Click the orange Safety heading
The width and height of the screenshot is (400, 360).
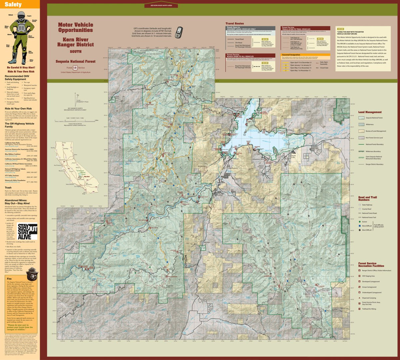click(x=13, y=4)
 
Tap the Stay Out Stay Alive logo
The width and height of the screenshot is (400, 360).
click(x=27, y=231)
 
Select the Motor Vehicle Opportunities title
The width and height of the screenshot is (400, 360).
click(x=76, y=27)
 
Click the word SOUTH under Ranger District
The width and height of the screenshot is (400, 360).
click(x=76, y=52)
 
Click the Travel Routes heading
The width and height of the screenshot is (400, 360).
click(x=235, y=24)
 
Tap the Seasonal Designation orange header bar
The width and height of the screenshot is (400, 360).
click(x=305, y=55)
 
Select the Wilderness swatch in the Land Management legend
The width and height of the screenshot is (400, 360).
click(x=361, y=124)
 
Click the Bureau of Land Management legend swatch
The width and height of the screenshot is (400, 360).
click(x=361, y=131)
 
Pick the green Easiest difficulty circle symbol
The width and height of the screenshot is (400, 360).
click(x=360, y=222)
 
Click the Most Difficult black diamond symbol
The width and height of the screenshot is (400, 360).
click(x=360, y=230)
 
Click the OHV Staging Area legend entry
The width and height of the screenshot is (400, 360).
click(x=368, y=276)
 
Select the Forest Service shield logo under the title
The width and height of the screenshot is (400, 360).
click(x=75, y=68)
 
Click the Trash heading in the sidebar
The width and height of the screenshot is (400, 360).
click(x=8, y=188)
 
